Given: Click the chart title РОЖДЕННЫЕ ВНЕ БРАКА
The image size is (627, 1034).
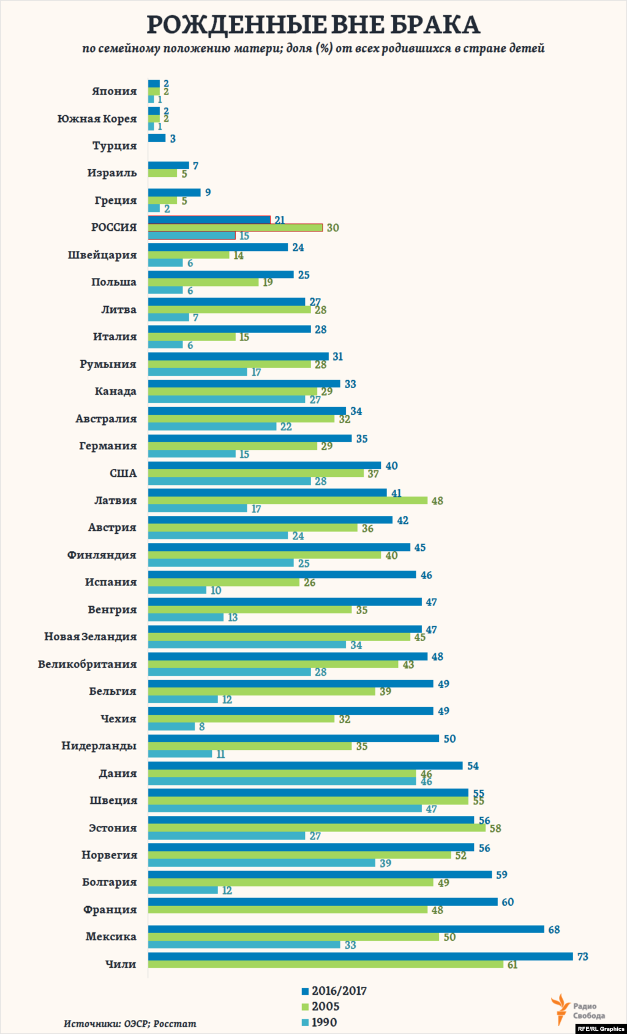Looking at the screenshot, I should [313, 24].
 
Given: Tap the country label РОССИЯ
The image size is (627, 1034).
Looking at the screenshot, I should [114, 228].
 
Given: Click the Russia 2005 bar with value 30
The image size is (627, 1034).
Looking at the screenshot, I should [235, 228].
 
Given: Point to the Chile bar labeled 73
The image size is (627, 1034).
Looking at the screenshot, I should [360, 956].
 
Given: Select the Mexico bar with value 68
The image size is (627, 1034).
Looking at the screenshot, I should [346, 929].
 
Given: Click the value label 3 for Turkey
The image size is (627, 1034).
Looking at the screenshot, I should [173, 139].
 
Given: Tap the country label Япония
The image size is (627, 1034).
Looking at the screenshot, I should [115, 91].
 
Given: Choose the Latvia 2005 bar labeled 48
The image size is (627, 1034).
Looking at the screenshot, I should [288, 501].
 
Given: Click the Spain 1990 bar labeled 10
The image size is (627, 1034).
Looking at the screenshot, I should [177, 590].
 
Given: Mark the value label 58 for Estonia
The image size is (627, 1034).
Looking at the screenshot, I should [495, 828].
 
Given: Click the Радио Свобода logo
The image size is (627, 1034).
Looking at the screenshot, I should [578, 1010].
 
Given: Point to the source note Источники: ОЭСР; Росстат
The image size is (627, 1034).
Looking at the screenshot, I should [130, 1024].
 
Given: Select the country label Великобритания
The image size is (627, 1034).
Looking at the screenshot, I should [88, 664].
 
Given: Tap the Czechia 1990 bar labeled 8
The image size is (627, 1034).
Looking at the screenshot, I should [171, 727].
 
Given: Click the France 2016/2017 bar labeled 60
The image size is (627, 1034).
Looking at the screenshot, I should [323, 902].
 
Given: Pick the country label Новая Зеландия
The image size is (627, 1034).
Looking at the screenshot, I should [91, 637].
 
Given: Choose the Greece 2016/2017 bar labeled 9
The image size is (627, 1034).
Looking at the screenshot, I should [175, 193].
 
